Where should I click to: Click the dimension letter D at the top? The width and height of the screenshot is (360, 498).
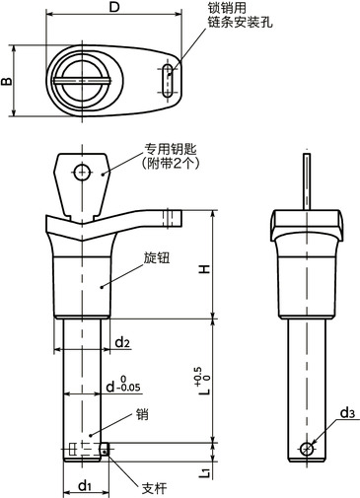pyautogui.click(x=114, y=9)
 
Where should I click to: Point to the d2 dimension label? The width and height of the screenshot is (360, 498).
pyautogui.click(x=121, y=342)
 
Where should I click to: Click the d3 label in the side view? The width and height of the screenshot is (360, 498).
pyautogui.click(x=347, y=412)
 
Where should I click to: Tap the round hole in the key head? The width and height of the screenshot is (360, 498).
pyautogui.click(x=83, y=172)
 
